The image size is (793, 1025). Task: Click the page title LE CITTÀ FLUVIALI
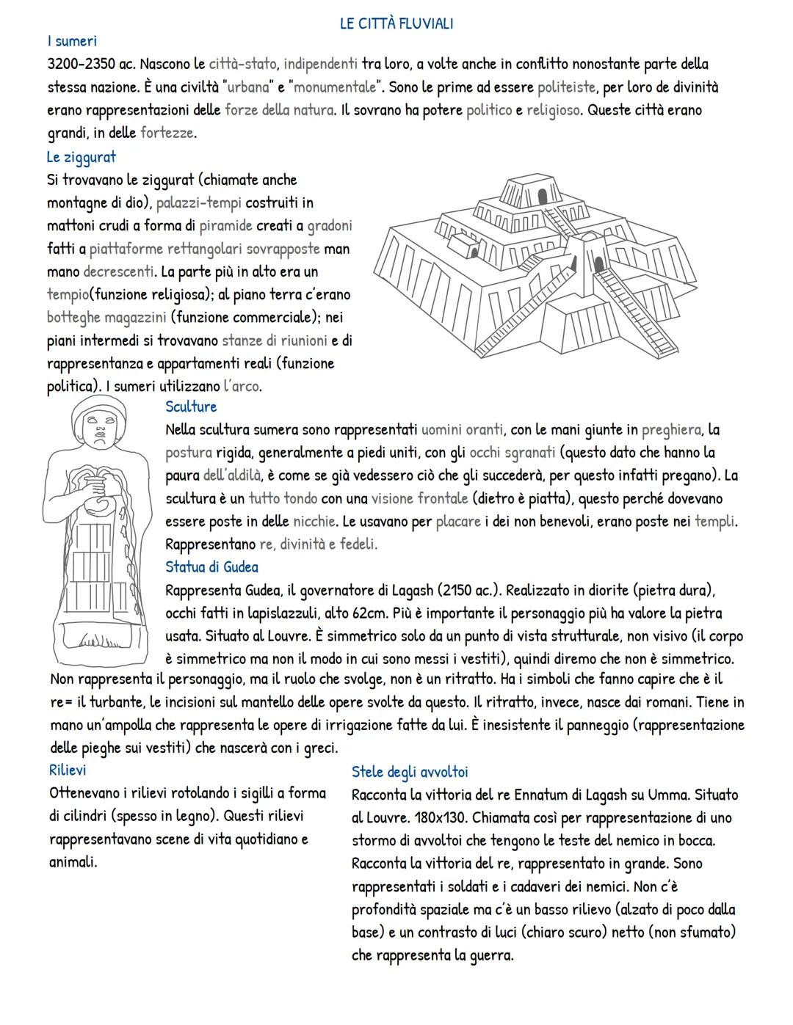pos(396,23)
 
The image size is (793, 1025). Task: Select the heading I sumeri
pos(71,42)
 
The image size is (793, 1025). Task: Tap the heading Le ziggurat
pos(81,157)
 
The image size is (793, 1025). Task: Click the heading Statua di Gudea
pos(211,567)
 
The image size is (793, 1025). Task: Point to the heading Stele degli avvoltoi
pos(410,772)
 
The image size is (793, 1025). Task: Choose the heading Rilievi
pos(68,770)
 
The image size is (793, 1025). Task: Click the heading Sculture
pos(191,406)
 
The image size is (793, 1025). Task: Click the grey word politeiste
pos(567,88)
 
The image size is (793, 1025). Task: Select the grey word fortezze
pos(167,134)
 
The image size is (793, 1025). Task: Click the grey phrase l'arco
pos(242,387)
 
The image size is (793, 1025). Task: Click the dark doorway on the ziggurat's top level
pos(544,194)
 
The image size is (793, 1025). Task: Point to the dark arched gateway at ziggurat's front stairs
pos(599,263)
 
